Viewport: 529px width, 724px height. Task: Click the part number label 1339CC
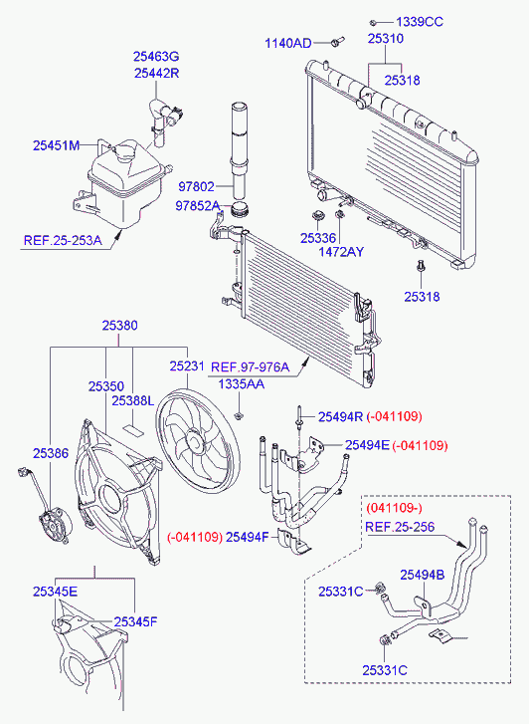[420, 22]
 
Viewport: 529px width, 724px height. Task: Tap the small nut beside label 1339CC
[374, 22]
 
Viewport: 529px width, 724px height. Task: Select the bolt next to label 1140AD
[338, 42]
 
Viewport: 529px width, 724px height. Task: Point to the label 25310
[386, 38]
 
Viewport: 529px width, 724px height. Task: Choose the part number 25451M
[57, 145]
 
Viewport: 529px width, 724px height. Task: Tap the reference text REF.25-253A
[63, 240]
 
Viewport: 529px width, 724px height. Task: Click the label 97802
[197, 186]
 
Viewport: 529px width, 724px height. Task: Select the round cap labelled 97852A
[240, 209]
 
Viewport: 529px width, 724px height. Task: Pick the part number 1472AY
[341, 252]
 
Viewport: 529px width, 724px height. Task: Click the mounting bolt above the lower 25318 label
[421, 267]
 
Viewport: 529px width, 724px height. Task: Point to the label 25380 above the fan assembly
[120, 326]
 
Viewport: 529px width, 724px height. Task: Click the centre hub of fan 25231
[194, 440]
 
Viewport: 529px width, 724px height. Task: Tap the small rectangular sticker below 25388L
[133, 430]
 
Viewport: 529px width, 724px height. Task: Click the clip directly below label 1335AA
[239, 415]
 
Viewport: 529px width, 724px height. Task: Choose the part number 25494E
[367, 445]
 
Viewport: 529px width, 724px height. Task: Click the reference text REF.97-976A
[250, 367]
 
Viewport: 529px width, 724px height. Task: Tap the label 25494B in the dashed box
[423, 575]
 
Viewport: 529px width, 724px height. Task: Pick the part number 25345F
[135, 621]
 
